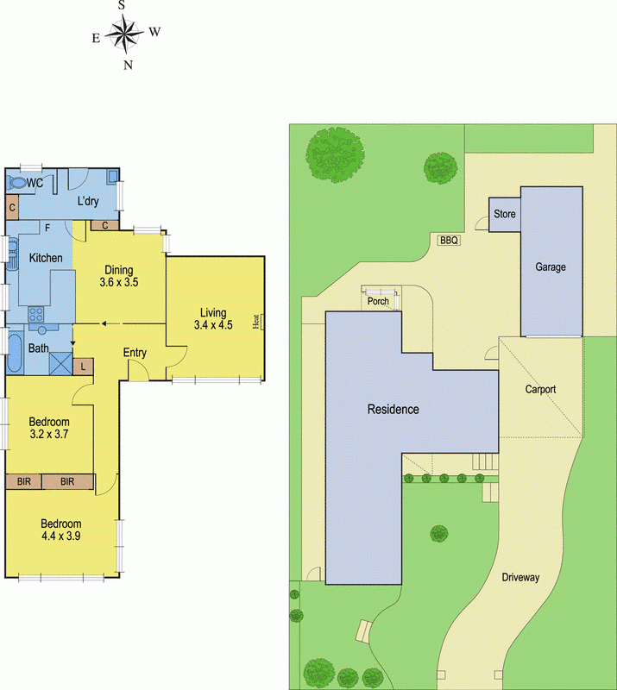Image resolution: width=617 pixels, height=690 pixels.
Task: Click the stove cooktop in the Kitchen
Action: click(38, 314)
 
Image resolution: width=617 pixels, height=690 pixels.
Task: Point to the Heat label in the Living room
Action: click(256, 322)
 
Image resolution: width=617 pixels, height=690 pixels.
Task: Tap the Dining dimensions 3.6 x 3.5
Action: click(119, 282)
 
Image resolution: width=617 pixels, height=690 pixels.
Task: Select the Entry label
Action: click(135, 353)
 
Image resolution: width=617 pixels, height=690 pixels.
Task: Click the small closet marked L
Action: click(83, 366)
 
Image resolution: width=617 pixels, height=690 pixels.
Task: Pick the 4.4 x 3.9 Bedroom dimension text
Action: click(60, 536)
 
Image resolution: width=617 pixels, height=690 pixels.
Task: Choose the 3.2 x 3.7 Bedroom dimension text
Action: click(48, 434)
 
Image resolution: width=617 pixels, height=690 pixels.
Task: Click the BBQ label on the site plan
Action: click(449, 241)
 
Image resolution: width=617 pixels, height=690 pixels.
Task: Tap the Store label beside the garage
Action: click(504, 214)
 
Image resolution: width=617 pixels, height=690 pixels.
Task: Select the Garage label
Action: click(551, 267)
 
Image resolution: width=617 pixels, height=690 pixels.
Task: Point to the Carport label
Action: click(541, 389)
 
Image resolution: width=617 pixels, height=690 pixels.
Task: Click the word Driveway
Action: click(520, 577)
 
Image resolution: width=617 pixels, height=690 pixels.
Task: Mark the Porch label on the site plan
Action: click(378, 302)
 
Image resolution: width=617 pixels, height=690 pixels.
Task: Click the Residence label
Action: click(393, 410)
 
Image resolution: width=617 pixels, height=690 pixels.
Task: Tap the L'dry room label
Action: click(89, 201)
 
